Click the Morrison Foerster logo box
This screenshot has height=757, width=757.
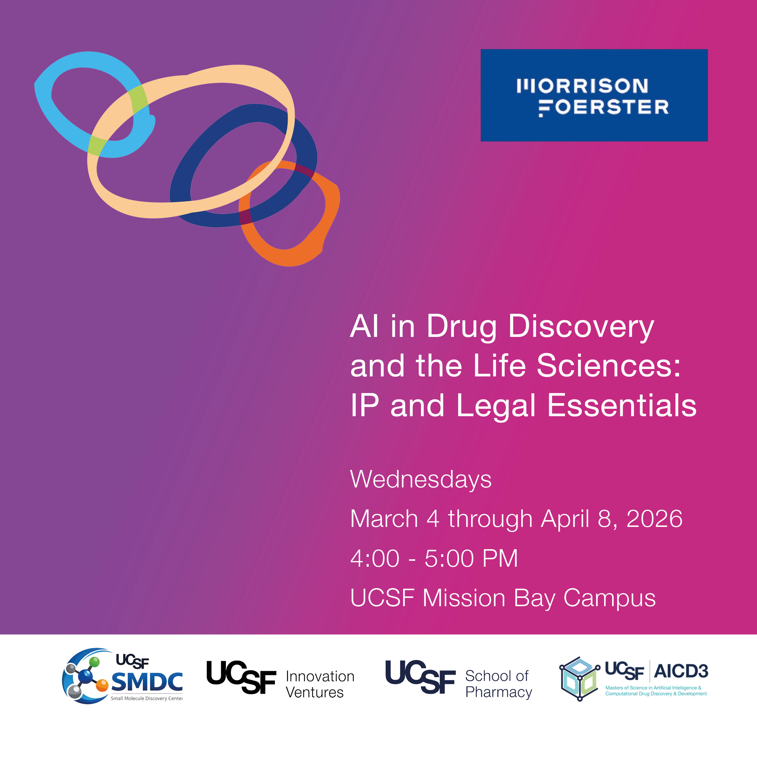[x=594, y=95]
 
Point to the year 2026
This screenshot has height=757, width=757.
[x=654, y=519]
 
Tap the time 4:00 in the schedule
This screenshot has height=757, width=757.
[x=375, y=558]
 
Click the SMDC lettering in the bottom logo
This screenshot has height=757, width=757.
[x=147, y=682]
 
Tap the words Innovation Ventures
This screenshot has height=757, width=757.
[x=320, y=684]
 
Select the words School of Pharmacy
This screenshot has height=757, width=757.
[x=498, y=684]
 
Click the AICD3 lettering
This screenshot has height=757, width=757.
[x=681, y=672]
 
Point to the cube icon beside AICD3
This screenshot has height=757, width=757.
[x=579, y=679]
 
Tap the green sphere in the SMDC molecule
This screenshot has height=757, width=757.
[x=94, y=663]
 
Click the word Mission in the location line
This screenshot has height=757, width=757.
[x=464, y=598]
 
